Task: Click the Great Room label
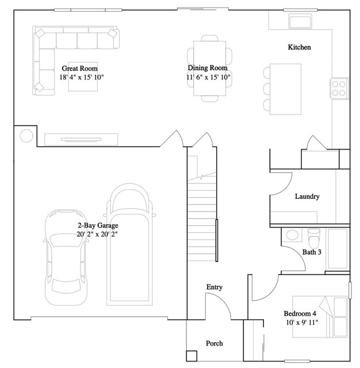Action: click(x=79, y=68)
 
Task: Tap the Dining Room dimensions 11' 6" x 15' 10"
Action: click(x=208, y=77)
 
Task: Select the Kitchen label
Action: click(x=299, y=47)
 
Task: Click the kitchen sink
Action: click(x=300, y=21)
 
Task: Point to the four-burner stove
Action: click(x=339, y=89)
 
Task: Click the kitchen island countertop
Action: click(x=285, y=89)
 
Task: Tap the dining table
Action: click(x=209, y=68)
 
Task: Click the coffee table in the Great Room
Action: click(x=83, y=76)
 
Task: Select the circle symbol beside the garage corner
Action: click(x=26, y=136)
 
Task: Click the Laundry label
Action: click(x=307, y=197)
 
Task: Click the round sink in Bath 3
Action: click(x=292, y=235)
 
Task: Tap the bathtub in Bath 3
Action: click(x=338, y=249)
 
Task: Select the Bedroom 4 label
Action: click(x=300, y=313)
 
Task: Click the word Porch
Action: click(x=215, y=343)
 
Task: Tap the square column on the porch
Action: click(x=192, y=356)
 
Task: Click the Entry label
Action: click(x=215, y=287)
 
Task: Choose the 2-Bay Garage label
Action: click(x=98, y=225)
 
